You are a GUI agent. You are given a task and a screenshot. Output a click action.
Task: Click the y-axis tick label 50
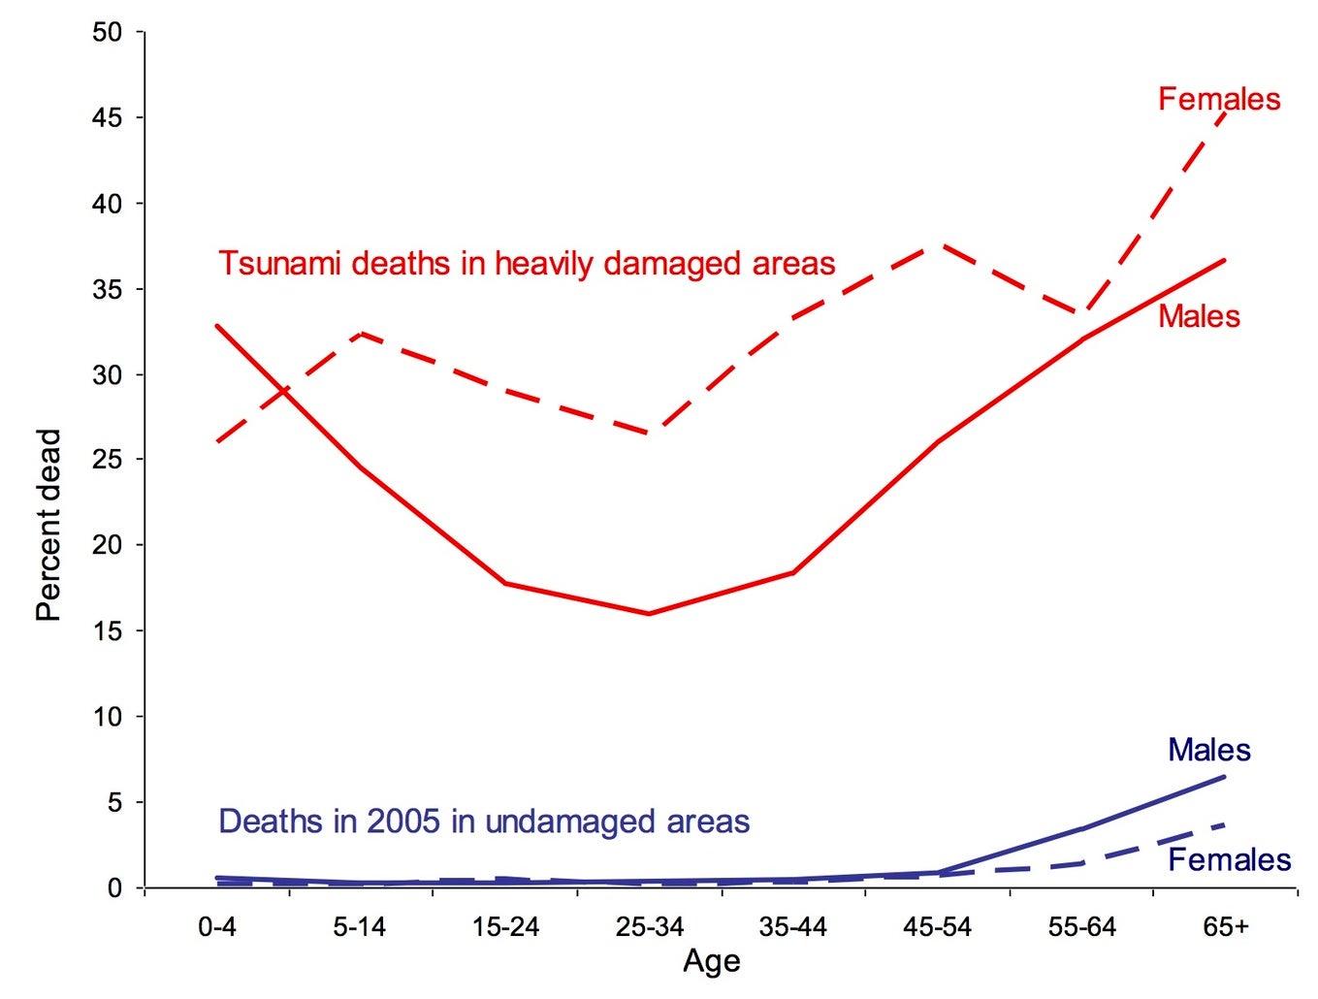click(x=108, y=33)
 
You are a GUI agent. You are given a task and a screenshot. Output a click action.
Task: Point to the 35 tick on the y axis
click(x=108, y=290)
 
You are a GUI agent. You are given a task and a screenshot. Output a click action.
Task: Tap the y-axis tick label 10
click(x=108, y=718)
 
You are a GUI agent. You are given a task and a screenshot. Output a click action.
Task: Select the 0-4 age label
click(x=217, y=927)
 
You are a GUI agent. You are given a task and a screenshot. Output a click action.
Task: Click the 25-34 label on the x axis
click(x=650, y=927)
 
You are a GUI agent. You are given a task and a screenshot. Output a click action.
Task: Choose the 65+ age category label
click(x=1226, y=927)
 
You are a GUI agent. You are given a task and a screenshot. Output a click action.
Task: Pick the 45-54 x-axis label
click(x=937, y=927)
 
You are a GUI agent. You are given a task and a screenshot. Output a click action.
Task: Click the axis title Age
click(x=712, y=961)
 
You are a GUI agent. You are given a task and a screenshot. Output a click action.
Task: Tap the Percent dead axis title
click(x=48, y=525)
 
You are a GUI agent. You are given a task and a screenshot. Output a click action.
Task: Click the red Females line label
click(x=1219, y=99)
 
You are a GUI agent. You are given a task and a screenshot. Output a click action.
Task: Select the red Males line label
click(x=1199, y=317)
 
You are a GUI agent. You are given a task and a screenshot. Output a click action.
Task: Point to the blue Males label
click(x=1208, y=750)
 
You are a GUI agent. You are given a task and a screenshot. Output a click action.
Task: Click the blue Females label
click(x=1229, y=860)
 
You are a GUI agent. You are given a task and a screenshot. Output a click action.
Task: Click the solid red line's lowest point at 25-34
click(x=649, y=613)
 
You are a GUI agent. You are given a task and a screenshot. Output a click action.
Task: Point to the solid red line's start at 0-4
click(x=217, y=326)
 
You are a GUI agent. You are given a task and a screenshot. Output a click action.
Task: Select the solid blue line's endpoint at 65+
click(x=1225, y=776)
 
